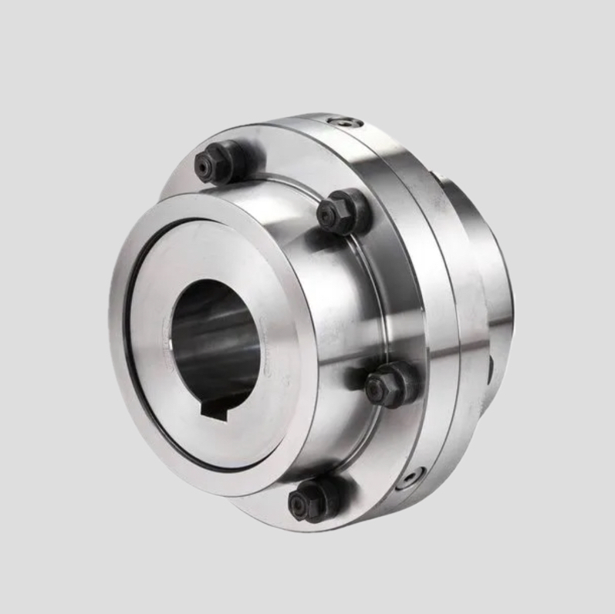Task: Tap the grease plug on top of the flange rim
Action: (x=341, y=122)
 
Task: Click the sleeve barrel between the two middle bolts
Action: (x=347, y=301)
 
